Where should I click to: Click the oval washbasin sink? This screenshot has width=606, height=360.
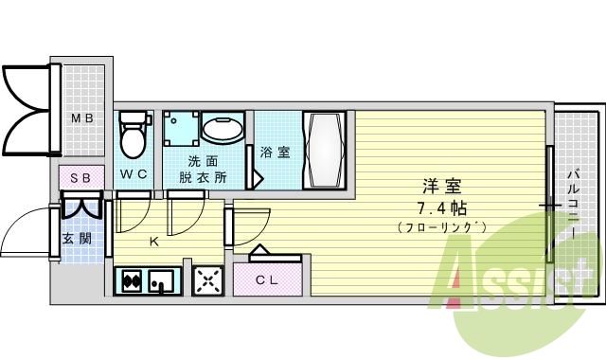223,131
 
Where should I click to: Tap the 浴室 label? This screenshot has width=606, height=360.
276,151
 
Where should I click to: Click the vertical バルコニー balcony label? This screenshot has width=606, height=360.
574,205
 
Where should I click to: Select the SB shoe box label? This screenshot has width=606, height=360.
80,177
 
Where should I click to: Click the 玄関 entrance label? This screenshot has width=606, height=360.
77,238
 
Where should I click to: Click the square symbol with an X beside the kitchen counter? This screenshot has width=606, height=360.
207,280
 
